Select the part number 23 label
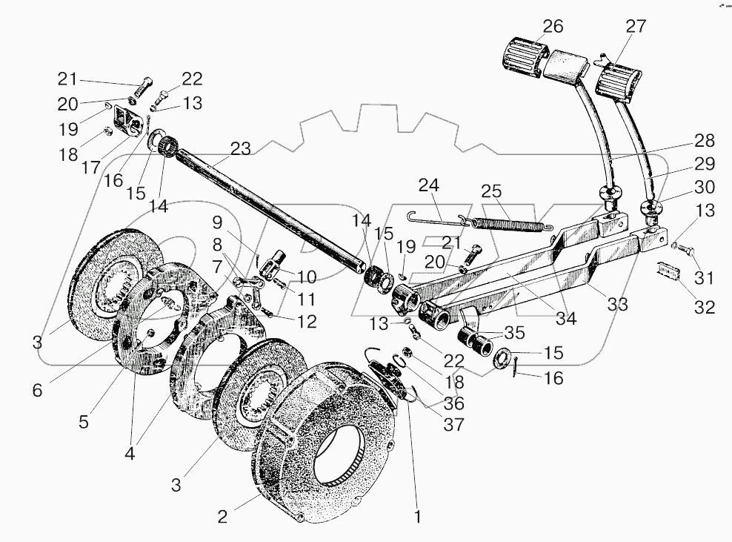239,148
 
